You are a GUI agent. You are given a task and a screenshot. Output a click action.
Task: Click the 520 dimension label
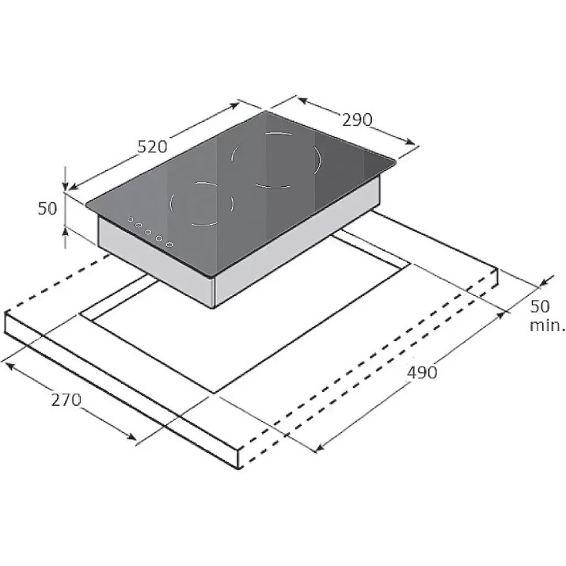click(152, 146)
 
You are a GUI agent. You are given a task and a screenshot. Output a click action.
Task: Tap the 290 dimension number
click(357, 120)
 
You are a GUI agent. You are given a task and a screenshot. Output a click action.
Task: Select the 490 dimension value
click(422, 372)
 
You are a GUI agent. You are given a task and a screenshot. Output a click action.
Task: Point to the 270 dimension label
click(66, 400)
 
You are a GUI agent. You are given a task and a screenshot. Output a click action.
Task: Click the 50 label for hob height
click(47, 209)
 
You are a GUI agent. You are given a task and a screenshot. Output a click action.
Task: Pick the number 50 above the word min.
click(540, 306)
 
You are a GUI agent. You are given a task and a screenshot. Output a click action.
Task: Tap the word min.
click(546, 325)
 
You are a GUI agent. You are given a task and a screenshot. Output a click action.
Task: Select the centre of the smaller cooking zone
click(202, 204)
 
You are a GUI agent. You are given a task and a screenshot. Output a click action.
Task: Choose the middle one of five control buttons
click(148, 232)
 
